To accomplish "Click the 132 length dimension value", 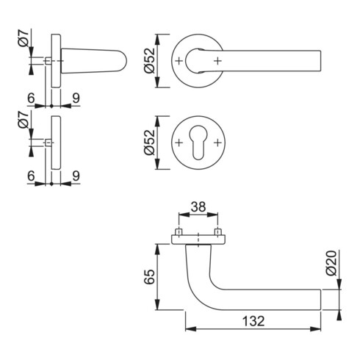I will point(251,321).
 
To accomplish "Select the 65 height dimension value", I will point(149,277).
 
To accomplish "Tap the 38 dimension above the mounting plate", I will point(198,208).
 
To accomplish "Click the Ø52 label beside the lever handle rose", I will point(149,59).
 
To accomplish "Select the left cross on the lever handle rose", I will point(179,59).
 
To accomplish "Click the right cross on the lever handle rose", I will point(216,59).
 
